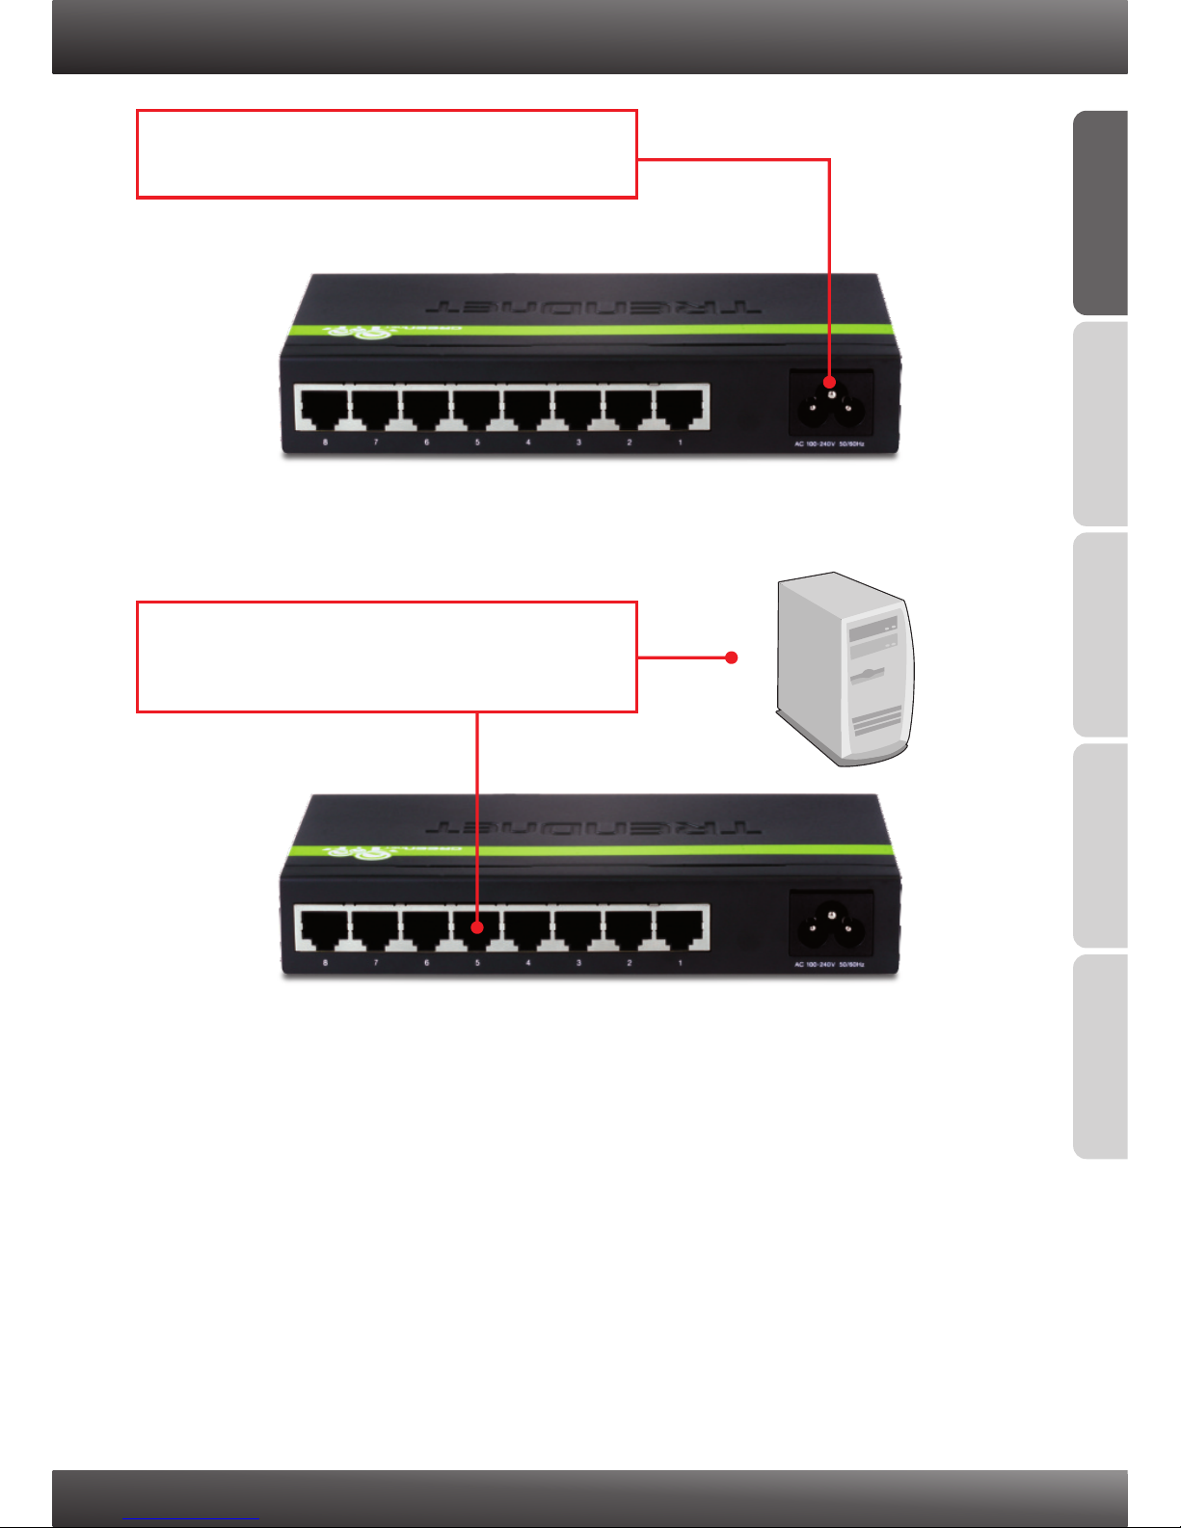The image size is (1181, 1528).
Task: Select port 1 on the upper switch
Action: coord(681,408)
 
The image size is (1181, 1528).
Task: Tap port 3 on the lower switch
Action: coord(578,928)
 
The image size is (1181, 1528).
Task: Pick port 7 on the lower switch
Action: coord(375,928)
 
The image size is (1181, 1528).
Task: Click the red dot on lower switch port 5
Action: coord(477,927)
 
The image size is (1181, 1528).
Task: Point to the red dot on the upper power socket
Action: coord(829,383)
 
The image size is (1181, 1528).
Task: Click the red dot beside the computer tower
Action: coord(732,657)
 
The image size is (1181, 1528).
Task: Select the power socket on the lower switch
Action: coord(831,925)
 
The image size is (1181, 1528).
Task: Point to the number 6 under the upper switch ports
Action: coord(426,442)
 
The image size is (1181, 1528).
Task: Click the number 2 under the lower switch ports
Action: coord(630,963)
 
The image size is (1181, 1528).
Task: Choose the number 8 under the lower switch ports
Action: coord(325,963)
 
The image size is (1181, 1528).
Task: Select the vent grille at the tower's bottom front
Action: coord(875,722)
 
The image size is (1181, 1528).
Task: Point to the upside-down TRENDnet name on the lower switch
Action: coord(593,826)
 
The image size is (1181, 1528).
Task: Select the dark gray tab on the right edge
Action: coord(1100,213)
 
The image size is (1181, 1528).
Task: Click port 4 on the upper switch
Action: coord(527,408)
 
